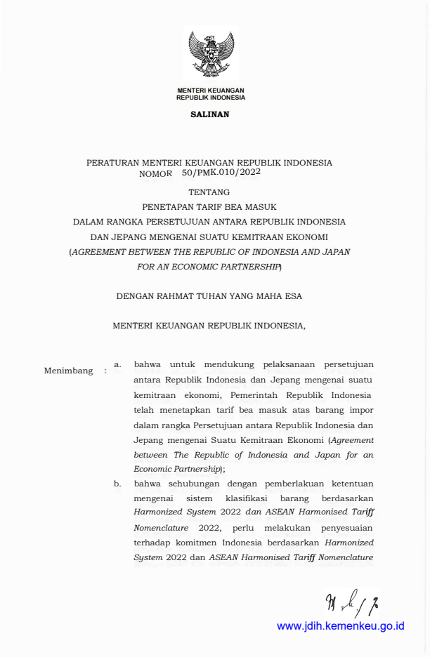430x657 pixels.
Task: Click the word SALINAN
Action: coord(210,114)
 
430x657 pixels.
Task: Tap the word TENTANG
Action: coord(209,191)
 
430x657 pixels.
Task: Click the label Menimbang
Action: coord(68,371)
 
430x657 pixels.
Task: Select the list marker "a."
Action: coord(118,364)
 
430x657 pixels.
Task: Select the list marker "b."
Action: coord(118,483)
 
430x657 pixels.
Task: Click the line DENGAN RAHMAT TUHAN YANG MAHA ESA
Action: coord(209,296)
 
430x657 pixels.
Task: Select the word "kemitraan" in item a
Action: coord(155,394)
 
